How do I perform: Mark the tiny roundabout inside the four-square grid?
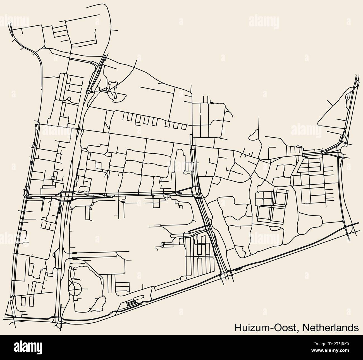263,198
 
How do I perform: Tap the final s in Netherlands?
357,328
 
